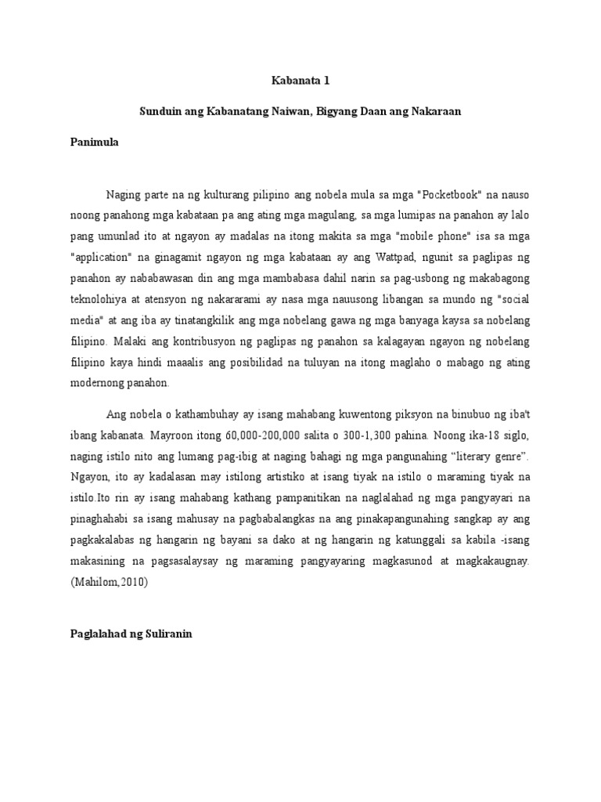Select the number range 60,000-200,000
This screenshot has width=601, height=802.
coord(248,433)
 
